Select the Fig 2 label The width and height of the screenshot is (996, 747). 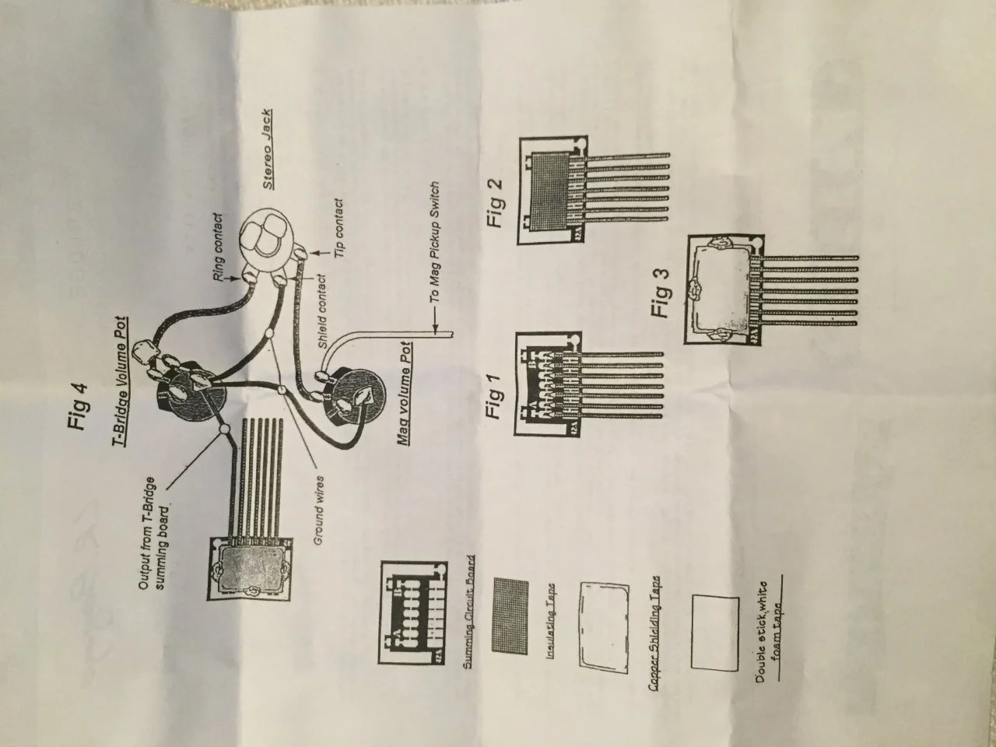tap(496, 204)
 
